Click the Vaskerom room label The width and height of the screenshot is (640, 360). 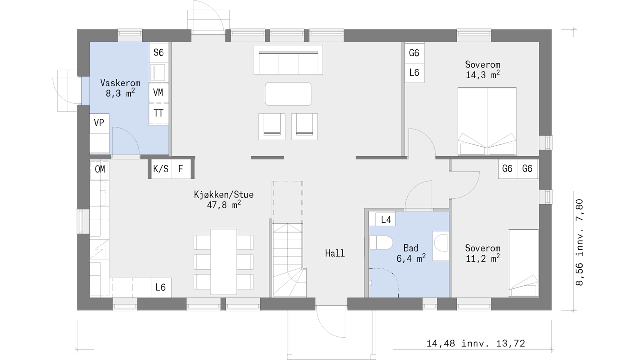tap(120, 83)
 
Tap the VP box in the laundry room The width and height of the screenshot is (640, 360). tap(99, 123)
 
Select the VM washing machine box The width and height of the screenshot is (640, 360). tap(159, 93)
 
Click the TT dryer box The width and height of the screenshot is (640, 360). tap(159, 113)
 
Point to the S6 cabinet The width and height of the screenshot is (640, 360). tap(159, 52)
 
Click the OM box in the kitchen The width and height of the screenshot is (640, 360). tap(99, 169)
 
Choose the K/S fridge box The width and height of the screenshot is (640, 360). tap(161, 169)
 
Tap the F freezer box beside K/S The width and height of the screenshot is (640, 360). tap(181, 169)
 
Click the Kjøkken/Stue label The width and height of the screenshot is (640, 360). tap(223, 195)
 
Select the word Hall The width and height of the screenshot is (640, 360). tap(335, 253)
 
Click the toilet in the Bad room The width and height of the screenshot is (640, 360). tap(381, 243)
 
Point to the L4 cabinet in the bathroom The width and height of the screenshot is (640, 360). tap(385, 219)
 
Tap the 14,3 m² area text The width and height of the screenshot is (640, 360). tap(483, 75)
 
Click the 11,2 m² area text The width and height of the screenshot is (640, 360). tap(483, 258)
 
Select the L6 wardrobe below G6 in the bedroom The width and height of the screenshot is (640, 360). tap(414, 73)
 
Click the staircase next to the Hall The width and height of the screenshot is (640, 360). tap(289, 260)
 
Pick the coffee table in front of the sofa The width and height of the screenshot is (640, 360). tap(288, 94)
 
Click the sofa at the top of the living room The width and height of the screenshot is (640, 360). tap(288, 60)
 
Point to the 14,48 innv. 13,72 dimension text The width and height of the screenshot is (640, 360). tap(476, 343)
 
